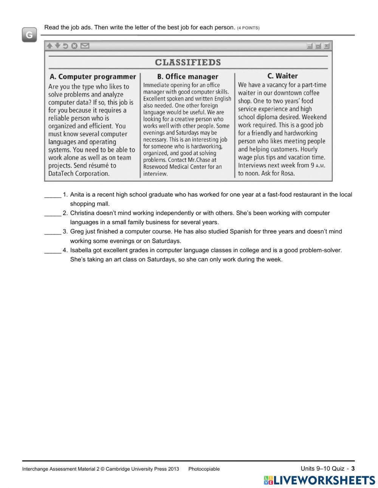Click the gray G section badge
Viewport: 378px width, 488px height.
pos(29,35)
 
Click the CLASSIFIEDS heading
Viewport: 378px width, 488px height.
pos(188,62)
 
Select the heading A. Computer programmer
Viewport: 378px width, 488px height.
pos(93,77)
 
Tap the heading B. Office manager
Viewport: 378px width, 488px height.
pos(187,77)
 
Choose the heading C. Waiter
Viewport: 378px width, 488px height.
pos(282,76)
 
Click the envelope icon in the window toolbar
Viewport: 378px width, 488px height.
pos(85,46)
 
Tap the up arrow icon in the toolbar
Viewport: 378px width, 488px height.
pos(50,46)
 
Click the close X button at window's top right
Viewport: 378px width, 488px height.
pos(326,46)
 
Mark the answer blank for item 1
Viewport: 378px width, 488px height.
pos(53,195)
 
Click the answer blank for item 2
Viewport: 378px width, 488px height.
pos(53,214)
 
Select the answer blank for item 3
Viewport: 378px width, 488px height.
pos(53,232)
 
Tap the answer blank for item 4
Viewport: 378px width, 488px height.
pos(53,250)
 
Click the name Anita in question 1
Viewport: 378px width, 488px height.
pos(77,195)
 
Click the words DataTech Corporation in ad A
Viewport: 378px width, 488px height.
pos(79,174)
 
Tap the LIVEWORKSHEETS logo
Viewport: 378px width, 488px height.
pos(319,480)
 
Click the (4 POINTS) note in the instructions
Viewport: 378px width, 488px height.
pos(248,28)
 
